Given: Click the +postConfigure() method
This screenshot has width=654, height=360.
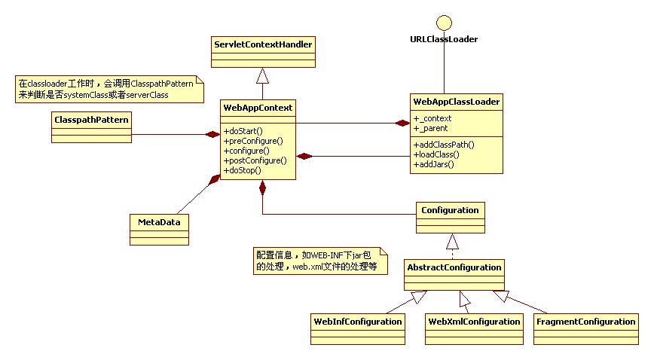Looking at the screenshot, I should point(255,160).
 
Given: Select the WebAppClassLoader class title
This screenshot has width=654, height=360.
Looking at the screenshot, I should point(457,101).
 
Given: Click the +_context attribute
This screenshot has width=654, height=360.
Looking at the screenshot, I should point(432,119).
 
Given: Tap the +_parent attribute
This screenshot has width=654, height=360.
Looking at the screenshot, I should point(431,129).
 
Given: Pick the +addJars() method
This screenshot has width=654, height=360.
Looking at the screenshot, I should point(434,163).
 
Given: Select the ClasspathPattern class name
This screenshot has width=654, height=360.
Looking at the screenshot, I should point(90,119).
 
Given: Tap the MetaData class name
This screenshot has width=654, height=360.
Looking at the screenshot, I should point(158,222).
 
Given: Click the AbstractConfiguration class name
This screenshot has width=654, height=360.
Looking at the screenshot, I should point(454,267).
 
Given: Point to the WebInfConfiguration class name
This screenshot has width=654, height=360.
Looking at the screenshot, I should point(357,322).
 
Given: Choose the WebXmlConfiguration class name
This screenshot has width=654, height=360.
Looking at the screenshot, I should point(474,322).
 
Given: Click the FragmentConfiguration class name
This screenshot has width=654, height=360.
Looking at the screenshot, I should point(585,322).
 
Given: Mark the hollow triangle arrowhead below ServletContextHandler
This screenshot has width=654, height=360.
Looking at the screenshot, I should point(261,75).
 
